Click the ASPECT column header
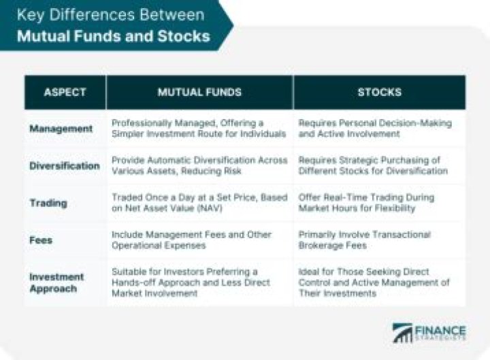[65, 92]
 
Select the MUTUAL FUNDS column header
[199, 92]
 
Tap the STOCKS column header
[379, 92]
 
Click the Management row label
[61, 129]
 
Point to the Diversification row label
[65, 165]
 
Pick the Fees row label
[41, 240]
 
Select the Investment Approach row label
[56, 282]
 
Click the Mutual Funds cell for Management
[199, 129]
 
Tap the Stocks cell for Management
[375, 129]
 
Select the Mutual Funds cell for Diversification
[199, 165]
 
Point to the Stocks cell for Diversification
[374, 165]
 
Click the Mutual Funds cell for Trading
[199, 203]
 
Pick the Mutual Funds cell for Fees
[192, 240]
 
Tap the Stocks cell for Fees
[365, 240]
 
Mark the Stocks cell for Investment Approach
[374, 282]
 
